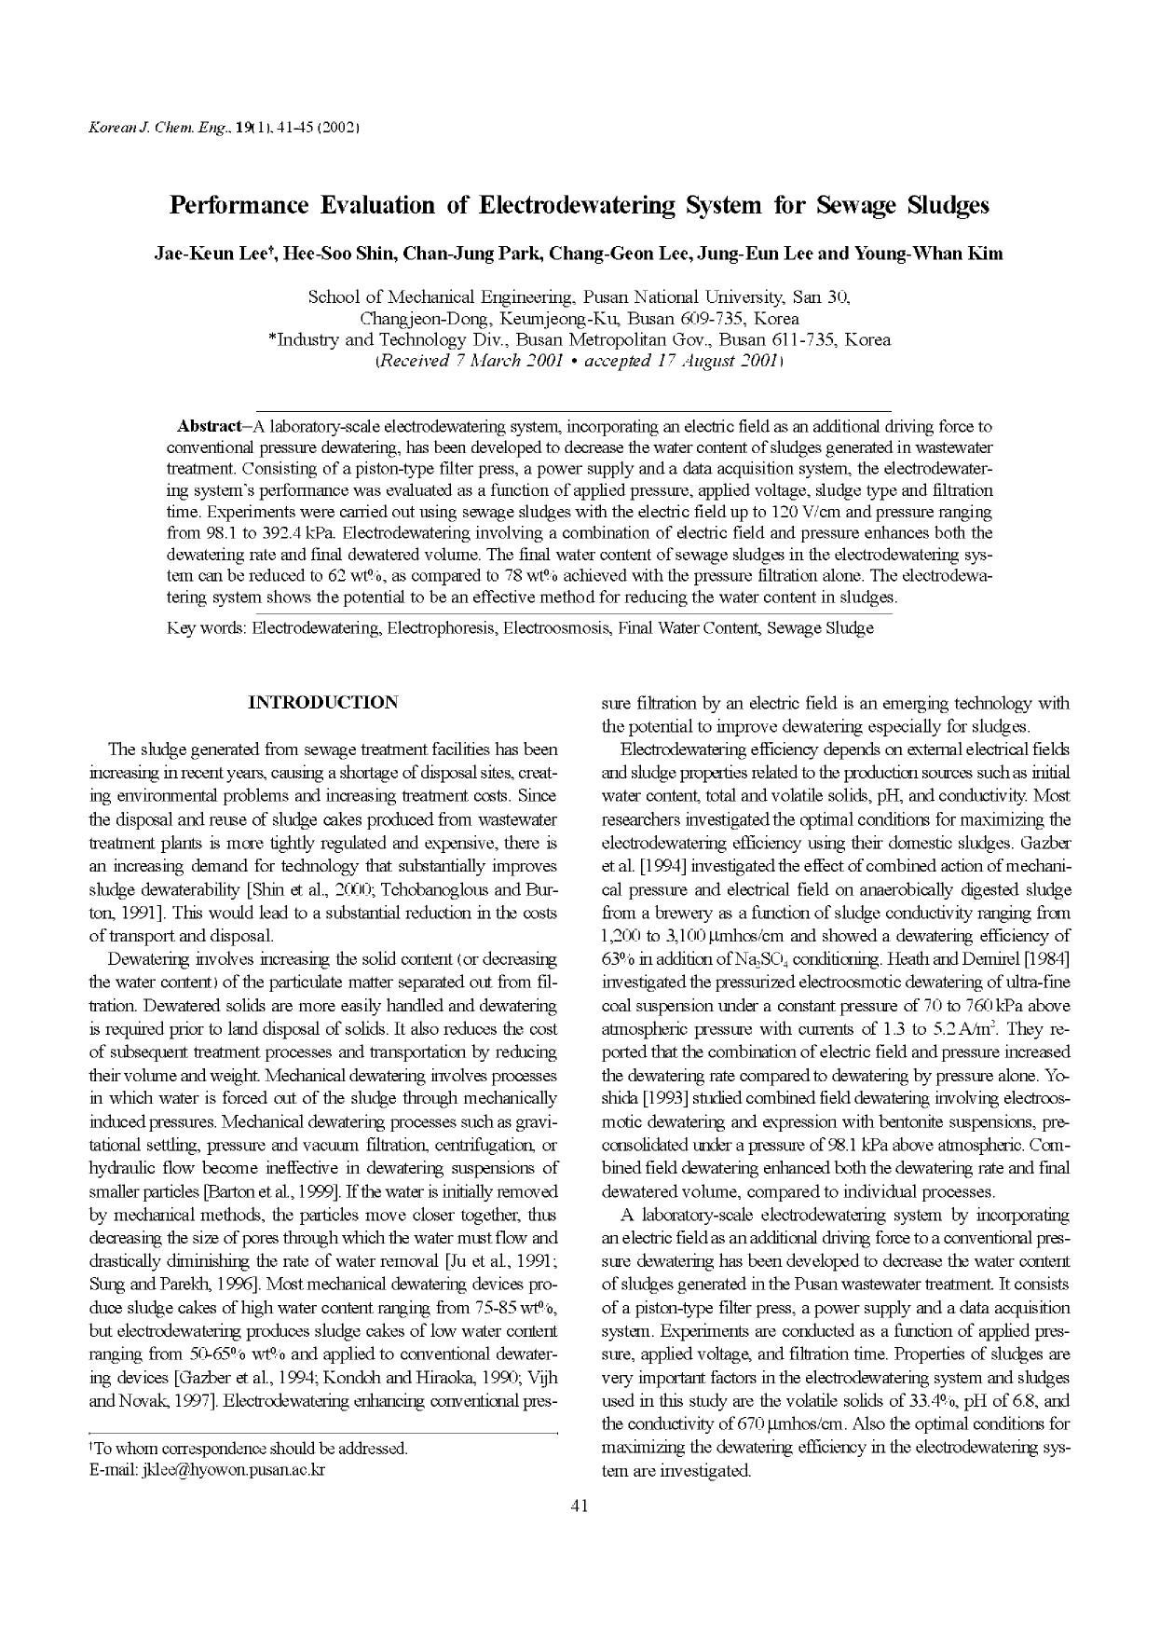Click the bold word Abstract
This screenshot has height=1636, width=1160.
point(208,426)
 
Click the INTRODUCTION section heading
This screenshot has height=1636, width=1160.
point(322,702)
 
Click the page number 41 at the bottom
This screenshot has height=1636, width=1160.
point(579,1505)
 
